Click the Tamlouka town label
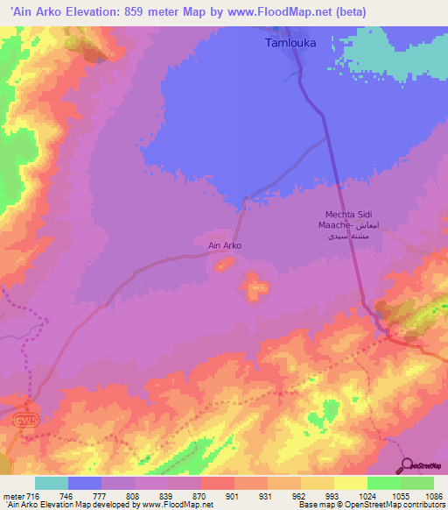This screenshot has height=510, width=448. [290, 42]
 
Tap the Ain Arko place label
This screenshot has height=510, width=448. [224, 246]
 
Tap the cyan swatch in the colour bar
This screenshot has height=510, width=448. [52, 483]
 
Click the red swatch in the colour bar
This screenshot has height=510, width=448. [217, 483]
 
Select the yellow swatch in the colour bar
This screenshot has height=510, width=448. [350, 483]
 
